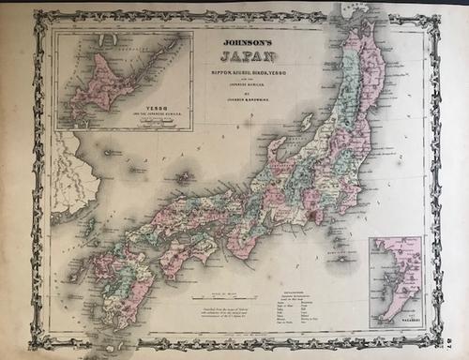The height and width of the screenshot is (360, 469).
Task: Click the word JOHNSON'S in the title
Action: tap(244, 41)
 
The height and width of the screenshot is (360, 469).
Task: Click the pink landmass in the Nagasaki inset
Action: tap(399, 281)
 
